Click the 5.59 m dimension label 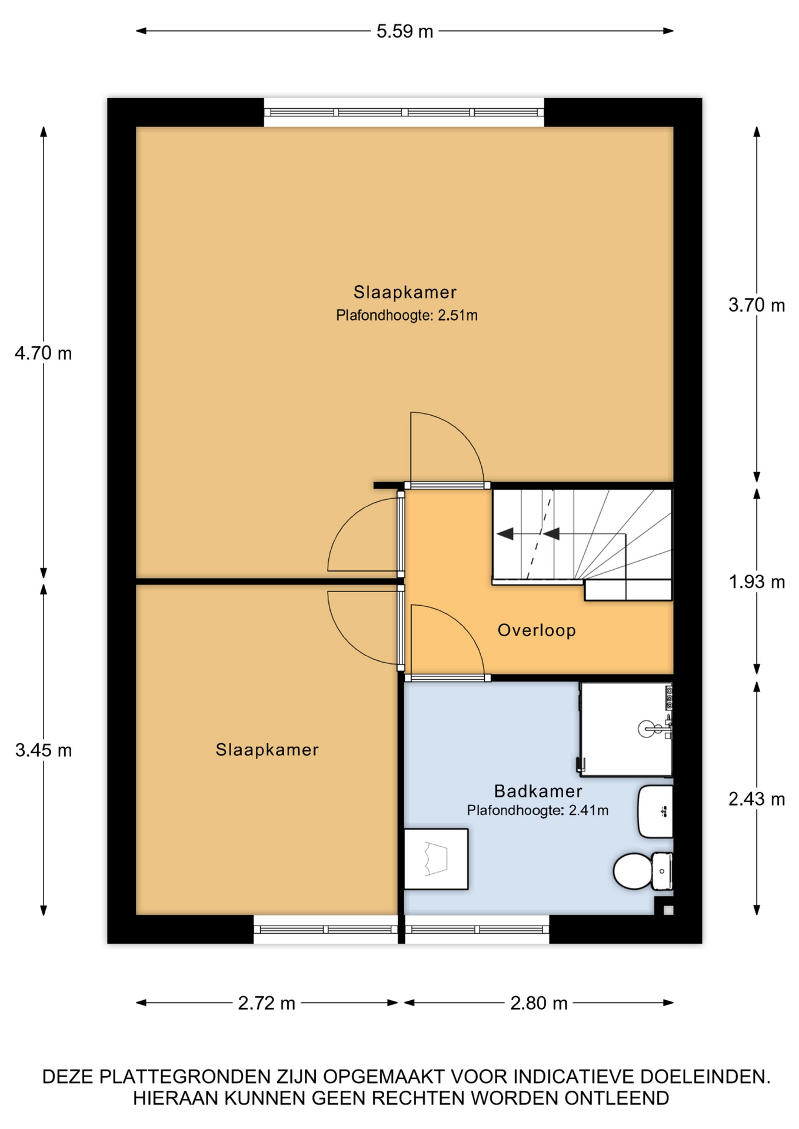coord(405,31)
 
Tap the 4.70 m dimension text coord(44,353)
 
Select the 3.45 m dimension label coord(44,750)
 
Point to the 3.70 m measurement coord(757,305)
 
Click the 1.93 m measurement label coord(757,582)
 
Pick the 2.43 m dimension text coord(757,799)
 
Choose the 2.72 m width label coord(267,1003)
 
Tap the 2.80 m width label coord(539,1003)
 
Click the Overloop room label coord(537,630)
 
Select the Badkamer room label coord(538,791)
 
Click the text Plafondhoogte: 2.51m coord(407,316)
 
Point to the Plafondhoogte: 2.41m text coord(538,811)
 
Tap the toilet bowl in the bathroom coord(632,871)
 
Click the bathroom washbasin coord(655,811)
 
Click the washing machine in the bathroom coord(436,859)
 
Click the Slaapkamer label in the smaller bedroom coord(267,750)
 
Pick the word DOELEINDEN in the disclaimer coord(705,1077)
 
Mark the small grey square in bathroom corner coord(668,911)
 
